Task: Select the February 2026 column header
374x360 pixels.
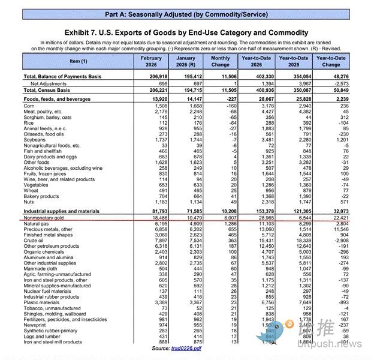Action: coord(151,61)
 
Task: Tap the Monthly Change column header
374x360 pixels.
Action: coord(220,61)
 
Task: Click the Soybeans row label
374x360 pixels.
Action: coord(35,139)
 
